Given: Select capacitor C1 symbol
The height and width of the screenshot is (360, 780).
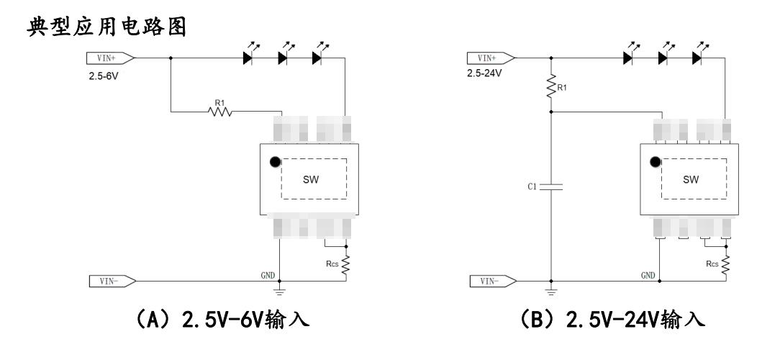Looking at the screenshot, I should click(x=550, y=187).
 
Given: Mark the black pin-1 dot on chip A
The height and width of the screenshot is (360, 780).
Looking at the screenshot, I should click(x=275, y=163).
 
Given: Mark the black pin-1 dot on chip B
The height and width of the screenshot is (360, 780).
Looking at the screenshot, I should click(x=656, y=163).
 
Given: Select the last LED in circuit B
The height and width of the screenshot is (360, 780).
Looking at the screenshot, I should click(x=697, y=58).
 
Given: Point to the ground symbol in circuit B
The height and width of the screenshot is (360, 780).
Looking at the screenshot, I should click(x=550, y=292).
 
